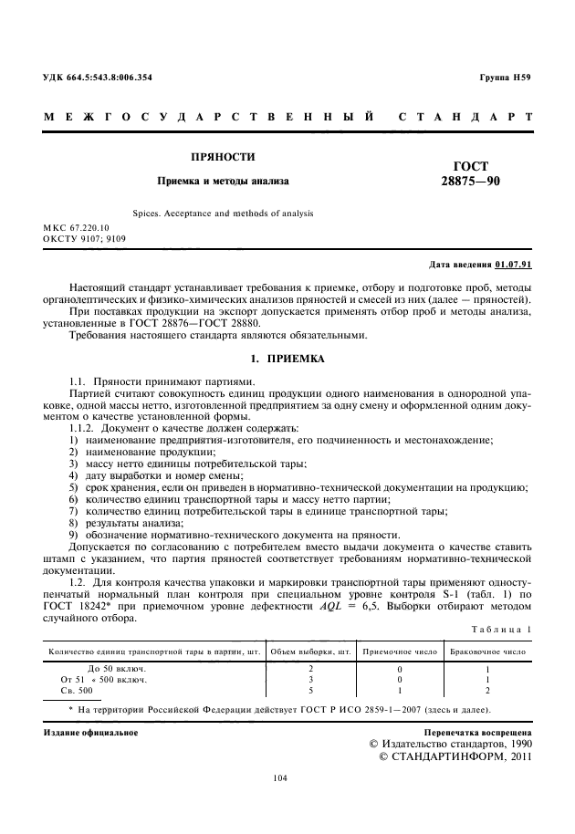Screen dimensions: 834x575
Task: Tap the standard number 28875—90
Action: [470, 182]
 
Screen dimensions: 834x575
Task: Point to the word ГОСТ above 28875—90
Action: [470, 166]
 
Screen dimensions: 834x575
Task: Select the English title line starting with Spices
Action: [224, 213]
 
